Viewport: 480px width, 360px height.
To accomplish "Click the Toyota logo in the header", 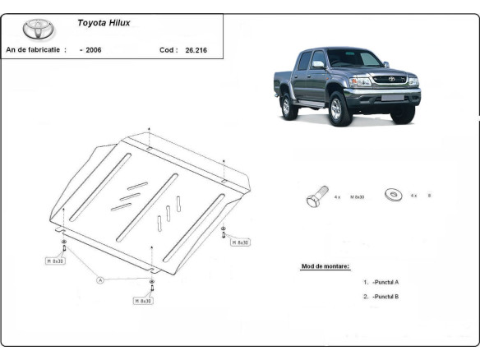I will coord(36,29).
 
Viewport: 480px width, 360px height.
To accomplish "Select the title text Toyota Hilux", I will coord(103,23).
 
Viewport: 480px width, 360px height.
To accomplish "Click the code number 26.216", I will coord(196,50).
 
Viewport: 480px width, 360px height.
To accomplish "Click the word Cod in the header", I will coord(168,50).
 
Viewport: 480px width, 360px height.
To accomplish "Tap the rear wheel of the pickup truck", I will coord(287,107).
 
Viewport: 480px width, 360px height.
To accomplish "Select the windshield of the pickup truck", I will coord(355,59).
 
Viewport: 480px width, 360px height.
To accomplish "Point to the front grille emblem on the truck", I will coord(390,80).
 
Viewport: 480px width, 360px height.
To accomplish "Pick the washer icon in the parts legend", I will coord(394,196).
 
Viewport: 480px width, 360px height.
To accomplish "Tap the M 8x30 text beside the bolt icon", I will coord(357,197).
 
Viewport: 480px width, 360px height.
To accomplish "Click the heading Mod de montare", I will coord(325,266).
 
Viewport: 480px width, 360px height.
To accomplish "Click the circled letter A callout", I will coord(100,280).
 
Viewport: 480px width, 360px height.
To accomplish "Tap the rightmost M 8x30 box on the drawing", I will coord(240,243).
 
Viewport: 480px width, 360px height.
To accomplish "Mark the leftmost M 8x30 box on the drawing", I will coord(55,261).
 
